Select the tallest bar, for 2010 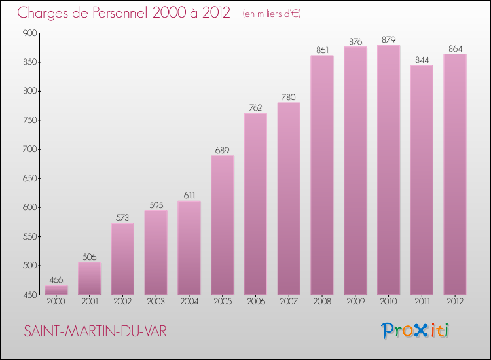click(388, 170)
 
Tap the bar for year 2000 click(56, 290)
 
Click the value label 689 click(222, 151)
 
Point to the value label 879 click(388, 40)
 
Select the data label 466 click(56, 280)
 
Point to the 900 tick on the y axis click(29, 33)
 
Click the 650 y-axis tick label click(29, 179)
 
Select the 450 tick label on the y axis click(29, 295)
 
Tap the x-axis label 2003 click(155, 302)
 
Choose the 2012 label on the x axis click(455, 302)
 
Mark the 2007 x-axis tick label click(289, 302)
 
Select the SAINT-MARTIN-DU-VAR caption click(95, 332)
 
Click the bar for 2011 click(422, 180)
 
